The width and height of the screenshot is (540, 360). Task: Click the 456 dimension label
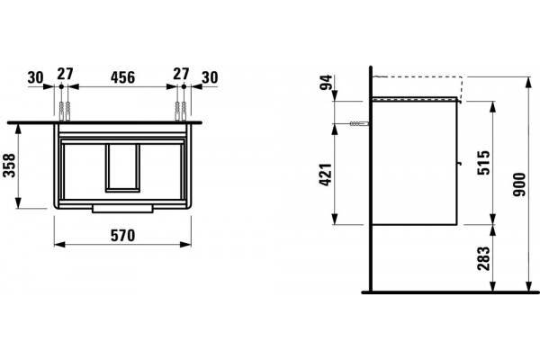point(122,77)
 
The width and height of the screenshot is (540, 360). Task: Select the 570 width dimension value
point(122,236)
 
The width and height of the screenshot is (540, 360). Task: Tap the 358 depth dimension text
point(9,166)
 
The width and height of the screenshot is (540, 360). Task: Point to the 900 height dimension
point(519,184)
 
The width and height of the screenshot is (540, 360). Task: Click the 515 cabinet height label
point(483,163)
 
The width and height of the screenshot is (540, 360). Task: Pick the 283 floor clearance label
point(483,258)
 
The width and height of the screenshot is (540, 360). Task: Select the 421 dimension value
point(326,175)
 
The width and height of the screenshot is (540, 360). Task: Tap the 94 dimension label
point(326,82)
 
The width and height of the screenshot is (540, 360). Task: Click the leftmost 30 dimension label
point(35,78)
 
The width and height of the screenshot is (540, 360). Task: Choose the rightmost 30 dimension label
point(210,77)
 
